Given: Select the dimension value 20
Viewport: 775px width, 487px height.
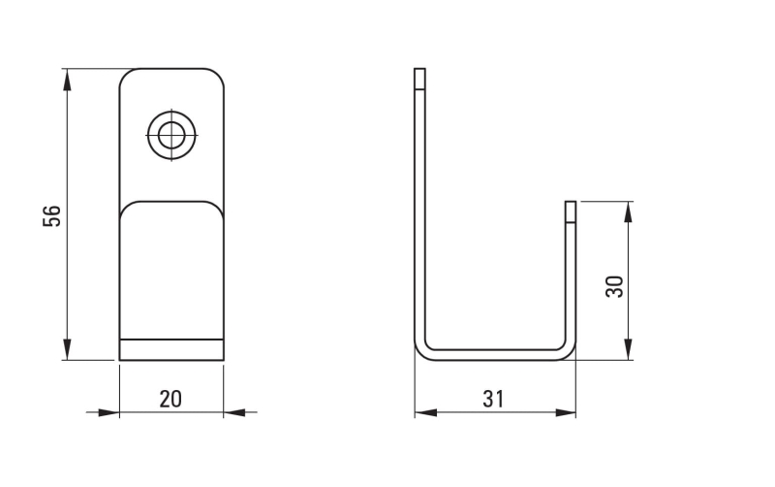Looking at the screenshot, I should coord(170,398).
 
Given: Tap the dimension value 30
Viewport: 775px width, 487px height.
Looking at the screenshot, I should coord(613,285).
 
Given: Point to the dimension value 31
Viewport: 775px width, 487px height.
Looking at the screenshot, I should coord(493,398).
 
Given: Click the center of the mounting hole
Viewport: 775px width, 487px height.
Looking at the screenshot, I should coord(171,135).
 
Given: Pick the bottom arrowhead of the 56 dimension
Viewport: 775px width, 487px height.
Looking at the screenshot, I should coord(67,351).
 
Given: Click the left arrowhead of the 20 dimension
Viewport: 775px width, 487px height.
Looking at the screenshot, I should coord(109,412).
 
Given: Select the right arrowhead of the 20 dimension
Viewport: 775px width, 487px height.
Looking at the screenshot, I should coord(233,412).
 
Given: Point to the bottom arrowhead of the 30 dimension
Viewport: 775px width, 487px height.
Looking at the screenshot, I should coord(629,351).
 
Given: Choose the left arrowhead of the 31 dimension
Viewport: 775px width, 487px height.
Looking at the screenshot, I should coord(423,412).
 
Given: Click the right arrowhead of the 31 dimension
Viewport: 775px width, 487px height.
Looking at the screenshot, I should coord(567,412).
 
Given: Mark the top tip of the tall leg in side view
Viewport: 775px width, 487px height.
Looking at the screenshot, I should coord(419,71).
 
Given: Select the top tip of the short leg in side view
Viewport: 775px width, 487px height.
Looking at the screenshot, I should coord(571,204).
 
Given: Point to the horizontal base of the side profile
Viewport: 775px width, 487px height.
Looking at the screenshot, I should coord(494,354).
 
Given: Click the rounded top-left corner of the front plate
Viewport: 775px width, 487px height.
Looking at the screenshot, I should coord(126,75).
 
